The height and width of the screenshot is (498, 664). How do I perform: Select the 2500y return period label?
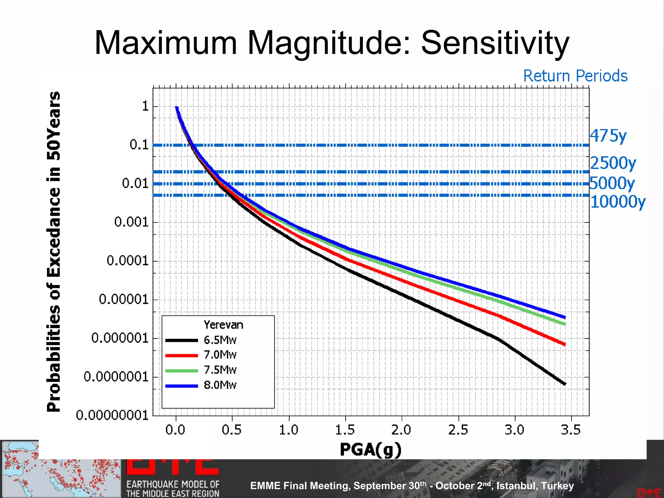[613, 163]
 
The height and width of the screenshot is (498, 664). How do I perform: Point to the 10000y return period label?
[618, 202]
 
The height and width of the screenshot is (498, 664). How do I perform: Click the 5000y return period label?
[612, 183]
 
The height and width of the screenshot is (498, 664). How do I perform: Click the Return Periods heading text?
[575, 76]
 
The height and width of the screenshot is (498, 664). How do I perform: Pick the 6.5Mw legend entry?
[220, 340]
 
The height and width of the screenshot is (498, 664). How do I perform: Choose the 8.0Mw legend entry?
[220, 385]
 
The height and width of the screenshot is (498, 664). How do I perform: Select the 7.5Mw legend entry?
[220, 370]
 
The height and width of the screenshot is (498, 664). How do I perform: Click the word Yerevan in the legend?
[223, 325]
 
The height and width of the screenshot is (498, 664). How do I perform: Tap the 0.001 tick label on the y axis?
[131, 222]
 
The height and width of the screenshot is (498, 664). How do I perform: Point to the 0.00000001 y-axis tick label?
[112, 415]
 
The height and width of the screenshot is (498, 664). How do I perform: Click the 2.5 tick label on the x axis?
[458, 430]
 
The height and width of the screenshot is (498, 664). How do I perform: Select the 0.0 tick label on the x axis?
[175, 430]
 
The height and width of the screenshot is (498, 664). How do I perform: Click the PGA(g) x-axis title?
[371, 449]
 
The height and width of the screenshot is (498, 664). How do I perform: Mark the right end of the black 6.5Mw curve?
[564, 384]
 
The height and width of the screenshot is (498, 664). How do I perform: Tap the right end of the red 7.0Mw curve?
[564, 344]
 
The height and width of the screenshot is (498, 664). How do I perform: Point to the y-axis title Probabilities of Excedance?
[54, 251]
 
